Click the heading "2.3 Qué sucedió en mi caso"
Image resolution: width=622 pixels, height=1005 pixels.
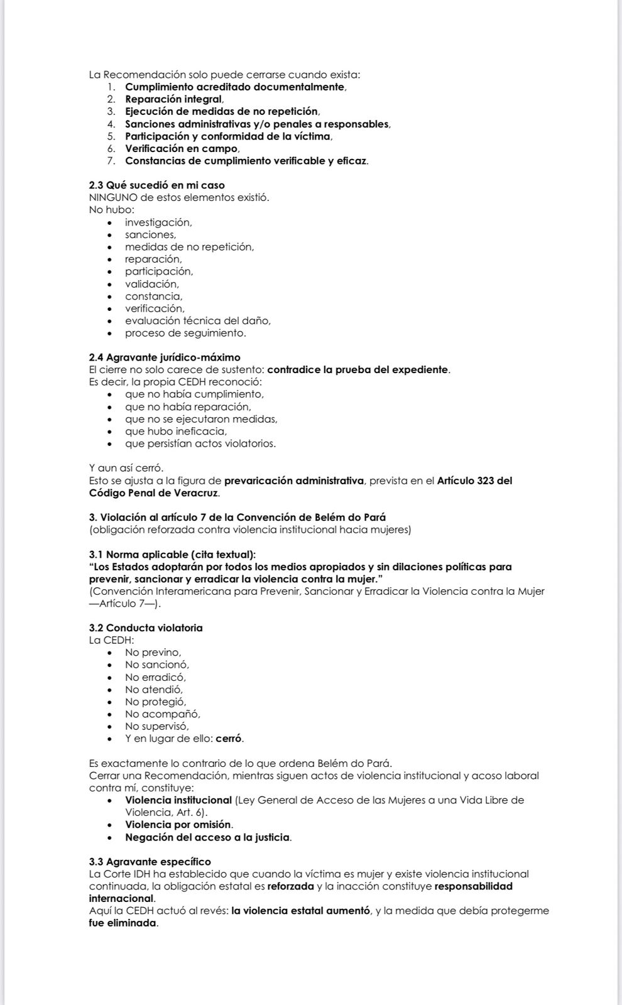(x=156, y=185)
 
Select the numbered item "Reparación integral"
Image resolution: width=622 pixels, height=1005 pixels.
(x=173, y=99)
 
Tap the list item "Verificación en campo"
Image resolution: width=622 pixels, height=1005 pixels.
(x=182, y=148)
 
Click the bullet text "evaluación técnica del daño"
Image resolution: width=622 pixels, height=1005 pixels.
(x=197, y=320)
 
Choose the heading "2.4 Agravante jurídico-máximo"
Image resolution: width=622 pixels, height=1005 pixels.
(x=165, y=357)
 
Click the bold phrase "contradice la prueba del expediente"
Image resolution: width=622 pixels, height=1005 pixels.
(x=358, y=369)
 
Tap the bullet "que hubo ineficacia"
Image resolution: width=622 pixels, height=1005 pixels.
(x=176, y=432)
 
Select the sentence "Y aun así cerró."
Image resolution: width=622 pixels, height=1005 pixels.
(x=126, y=468)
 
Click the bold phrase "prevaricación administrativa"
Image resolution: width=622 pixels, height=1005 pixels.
(x=294, y=481)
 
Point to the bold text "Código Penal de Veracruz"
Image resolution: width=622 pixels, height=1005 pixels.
(x=154, y=492)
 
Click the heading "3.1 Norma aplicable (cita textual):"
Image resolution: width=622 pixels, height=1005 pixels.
(x=172, y=554)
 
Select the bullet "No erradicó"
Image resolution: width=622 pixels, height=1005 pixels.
(x=155, y=677)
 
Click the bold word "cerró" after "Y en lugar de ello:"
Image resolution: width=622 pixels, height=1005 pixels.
(x=229, y=739)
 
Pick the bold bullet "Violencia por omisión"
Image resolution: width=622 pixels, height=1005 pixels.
(x=178, y=825)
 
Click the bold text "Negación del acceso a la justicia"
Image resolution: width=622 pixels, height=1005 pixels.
(x=207, y=837)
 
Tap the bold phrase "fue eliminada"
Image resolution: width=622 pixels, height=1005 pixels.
(x=123, y=923)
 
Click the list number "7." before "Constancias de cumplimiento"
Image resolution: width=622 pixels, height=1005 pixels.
(x=111, y=161)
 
